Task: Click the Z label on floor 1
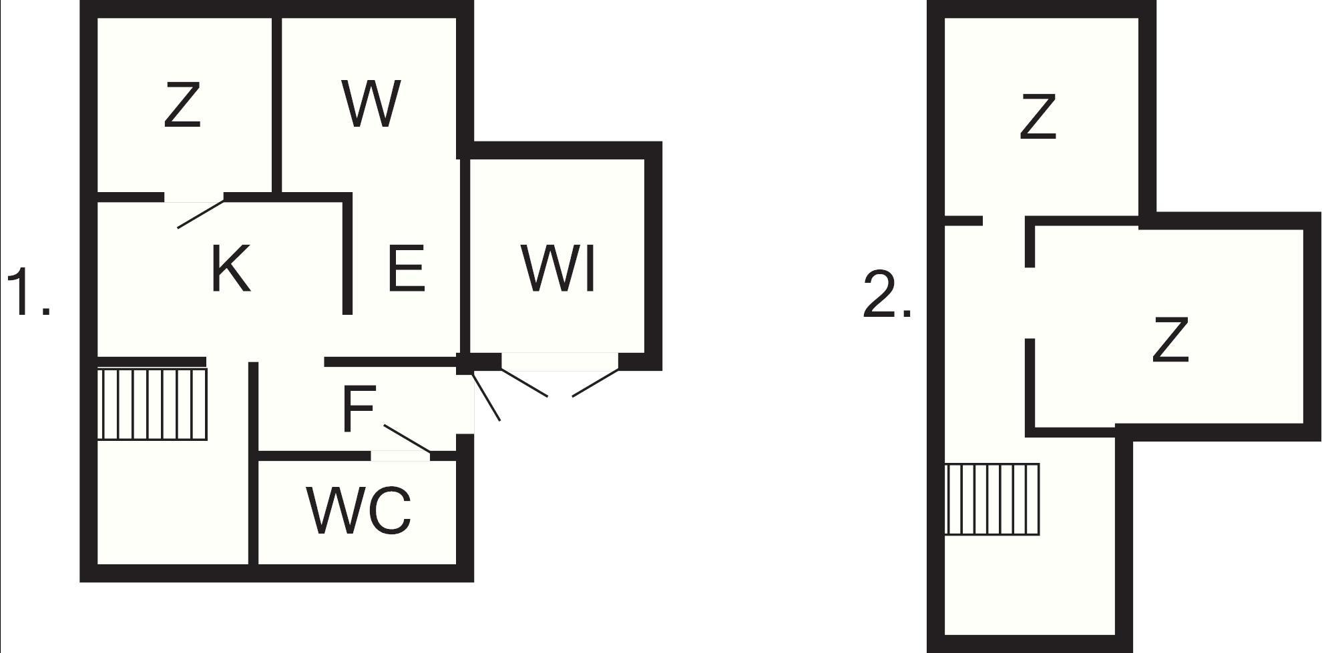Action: (x=182, y=105)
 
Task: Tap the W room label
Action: (x=371, y=103)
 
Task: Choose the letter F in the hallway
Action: (x=359, y=408)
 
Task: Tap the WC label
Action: (x=359, y=510)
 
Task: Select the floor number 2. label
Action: (x=887, y=295)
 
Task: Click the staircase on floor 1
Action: (x=152, y=404)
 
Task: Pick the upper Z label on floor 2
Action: (x=1038, y=117)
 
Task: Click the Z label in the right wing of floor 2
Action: (x=1170, y=340)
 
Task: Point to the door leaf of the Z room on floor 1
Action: (x=200, y=214)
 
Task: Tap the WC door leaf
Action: (x=407, y=438)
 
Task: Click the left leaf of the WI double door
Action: (x=524, y=382)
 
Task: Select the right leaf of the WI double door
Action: (x=596, y=383)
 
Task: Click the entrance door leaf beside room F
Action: (x=486, y=397)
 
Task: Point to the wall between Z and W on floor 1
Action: (x=276, y=105)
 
